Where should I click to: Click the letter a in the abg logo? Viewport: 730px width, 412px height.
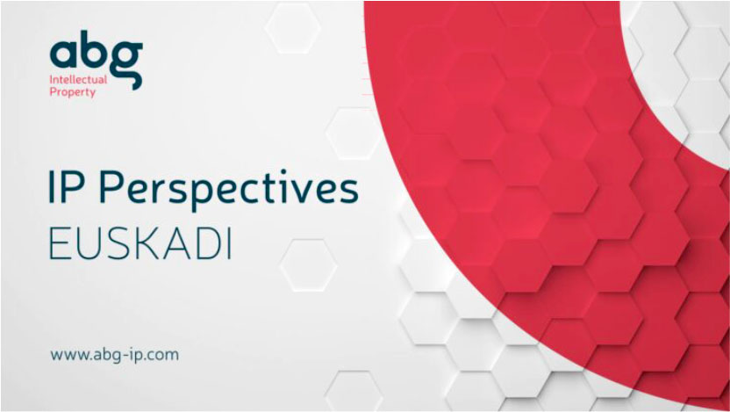(64, 54)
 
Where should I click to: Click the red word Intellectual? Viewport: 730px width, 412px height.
(78, 80)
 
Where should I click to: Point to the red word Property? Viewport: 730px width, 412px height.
(73, 92)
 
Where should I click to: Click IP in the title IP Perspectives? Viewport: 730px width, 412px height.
(68, 187)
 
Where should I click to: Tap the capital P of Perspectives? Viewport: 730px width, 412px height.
(111, 187)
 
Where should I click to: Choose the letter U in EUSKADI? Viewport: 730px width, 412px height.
(87, 245)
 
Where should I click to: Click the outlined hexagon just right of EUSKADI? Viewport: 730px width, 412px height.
(308, 265)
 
